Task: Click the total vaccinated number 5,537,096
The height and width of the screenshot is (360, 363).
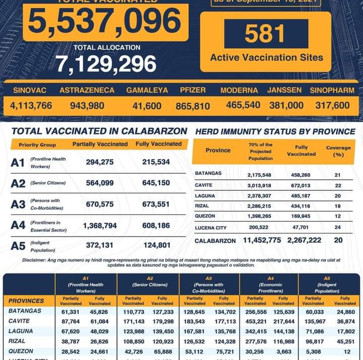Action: point(104,22)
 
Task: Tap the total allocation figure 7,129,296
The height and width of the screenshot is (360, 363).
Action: point(106,64)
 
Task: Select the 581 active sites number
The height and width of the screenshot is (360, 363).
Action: point(265,34)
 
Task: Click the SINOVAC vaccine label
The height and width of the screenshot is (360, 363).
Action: point(30,91)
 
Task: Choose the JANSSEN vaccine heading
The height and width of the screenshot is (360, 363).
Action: point(284,91)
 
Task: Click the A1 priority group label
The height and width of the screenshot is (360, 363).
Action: point(18,163)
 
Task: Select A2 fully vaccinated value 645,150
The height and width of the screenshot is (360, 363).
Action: point(153,183)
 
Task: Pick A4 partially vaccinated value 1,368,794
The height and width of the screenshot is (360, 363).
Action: point(100,225)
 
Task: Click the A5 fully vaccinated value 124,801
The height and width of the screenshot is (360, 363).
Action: point(153,246)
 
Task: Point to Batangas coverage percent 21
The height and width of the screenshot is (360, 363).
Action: point(338,175)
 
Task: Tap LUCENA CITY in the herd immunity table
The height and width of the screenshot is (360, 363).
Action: point(211,228)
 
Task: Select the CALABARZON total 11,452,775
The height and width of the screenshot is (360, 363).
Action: point(262,240)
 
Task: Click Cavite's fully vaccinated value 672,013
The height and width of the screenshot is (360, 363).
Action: point(301,185)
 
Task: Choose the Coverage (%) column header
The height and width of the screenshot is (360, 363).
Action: point(338,151)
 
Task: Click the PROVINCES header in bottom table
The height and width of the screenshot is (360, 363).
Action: point(26,301)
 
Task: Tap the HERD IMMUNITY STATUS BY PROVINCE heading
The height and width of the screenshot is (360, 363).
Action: point(275,131)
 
